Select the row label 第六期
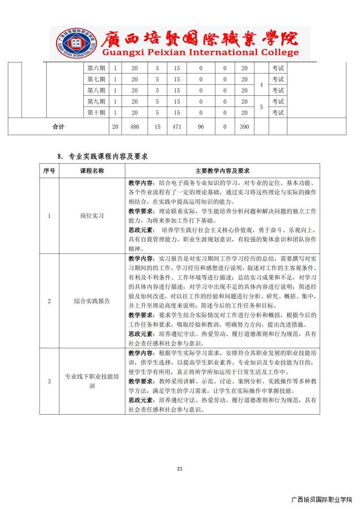click(x=96, y=68)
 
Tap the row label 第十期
click(x=96, y=113)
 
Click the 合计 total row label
click(x=58, y=127)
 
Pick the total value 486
click(x=134, y=127)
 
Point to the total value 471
click(x=177, y=127)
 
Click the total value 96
click(x=201, y=127)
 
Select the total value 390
click(x=244, y=127)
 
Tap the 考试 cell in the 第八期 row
click(x=278, y=90)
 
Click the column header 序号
click(x=49, y=171)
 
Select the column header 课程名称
click(x=92, y=171)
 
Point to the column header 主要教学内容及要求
click(x=222, y=171)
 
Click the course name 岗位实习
click(x=92, y=216)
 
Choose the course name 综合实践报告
click(x=92, y=301)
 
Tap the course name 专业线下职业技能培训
click(x=92, y=381)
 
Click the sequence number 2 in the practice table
click(x=49, y=301)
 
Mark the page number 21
click(x=180, y=468)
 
